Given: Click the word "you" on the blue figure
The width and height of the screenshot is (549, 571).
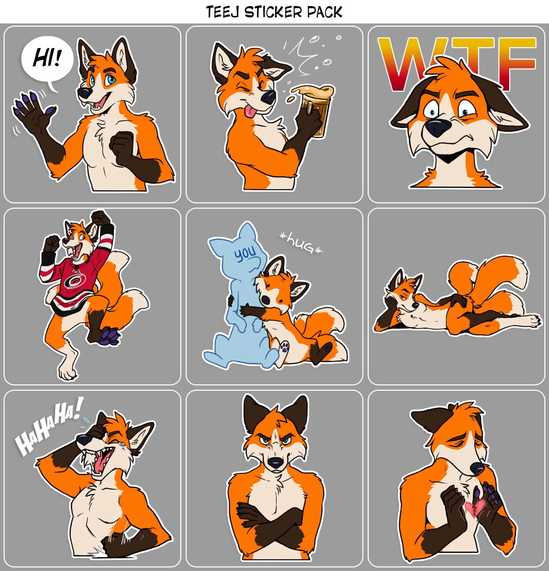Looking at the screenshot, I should click(245, 253).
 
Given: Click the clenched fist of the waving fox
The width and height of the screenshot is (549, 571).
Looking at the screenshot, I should click(121, 142).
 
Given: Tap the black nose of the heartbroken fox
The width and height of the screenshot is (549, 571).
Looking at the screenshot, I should click(475, 469).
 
